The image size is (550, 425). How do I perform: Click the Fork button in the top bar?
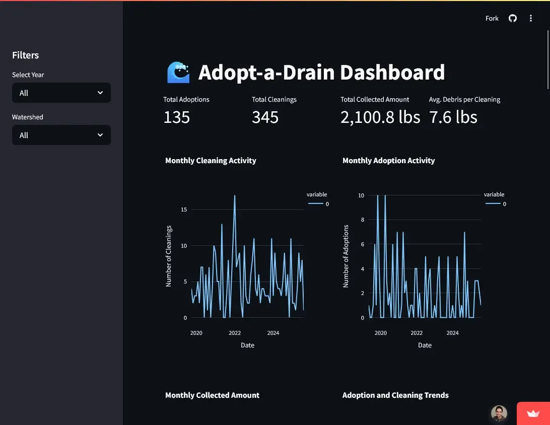pyautogui.click(x=492, y=18)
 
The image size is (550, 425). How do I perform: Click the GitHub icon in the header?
pyautogui.click(x=513, y=18)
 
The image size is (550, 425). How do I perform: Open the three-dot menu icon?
pyautogui.click(x=530, y=18)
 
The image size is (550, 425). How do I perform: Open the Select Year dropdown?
pyautogui.click(x=61, y=93)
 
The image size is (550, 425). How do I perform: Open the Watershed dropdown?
pyautogui.click(x=61, y=135)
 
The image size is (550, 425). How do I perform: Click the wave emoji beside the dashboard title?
pyautogui.click(x=178, y=73)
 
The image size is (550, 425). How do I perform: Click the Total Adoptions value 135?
pyautogui.click(x=177, y=117)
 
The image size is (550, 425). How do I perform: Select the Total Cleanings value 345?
pyautogui.click(x=265, y=117)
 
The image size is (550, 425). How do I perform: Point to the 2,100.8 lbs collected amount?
pyautogui.click(x=380, y=117)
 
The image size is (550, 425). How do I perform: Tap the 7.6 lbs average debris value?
pyautogui.click(x=453, y=117)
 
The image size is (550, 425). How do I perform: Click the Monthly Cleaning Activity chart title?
pyautogui.click(x=211, y=161)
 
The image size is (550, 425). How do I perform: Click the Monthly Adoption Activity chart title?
pyautogui.click(x=388, y=161)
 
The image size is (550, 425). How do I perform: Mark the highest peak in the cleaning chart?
pyautogui.click(x=235, y=195)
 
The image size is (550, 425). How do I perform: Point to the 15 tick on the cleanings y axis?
pyautogui.click(x=184, y=209)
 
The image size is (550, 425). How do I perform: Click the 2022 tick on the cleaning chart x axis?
pyautogui.click(x=235, y=333)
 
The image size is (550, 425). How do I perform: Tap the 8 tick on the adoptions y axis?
pyautogui.click(x=361, y=220)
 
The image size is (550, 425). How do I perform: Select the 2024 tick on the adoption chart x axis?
pyautogui.click(x=452, y=333)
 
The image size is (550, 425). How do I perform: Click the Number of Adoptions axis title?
pyautogui.click(x=346, y=256)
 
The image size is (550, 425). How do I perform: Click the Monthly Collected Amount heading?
pyautogui.click(x=212, y=395)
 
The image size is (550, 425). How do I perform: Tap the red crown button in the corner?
pyautogui.click(x=533, y=413)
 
